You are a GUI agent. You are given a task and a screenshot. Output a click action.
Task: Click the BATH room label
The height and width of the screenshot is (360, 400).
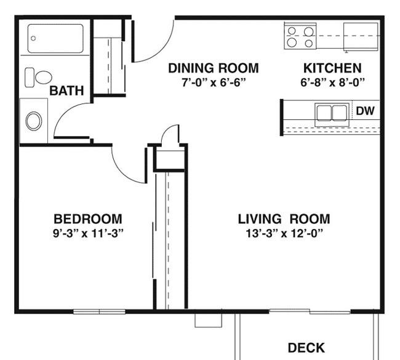pyautogui.click(x=66, y=91)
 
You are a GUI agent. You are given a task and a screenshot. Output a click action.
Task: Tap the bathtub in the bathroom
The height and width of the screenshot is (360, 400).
pyautogui.click(x=55, y=38)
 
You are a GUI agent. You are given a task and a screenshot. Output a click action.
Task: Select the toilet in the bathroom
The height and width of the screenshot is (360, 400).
pyautogui.click(x=38, y=78)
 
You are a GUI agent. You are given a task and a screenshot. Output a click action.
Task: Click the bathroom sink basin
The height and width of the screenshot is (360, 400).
pyautogui.click(x=34, y=121)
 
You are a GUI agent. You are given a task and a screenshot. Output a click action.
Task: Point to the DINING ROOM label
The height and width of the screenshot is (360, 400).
pyautogui.click(x=213, y=68)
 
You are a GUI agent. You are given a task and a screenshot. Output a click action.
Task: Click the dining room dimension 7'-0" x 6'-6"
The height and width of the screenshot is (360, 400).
pyautogui.click(x=213, y=82)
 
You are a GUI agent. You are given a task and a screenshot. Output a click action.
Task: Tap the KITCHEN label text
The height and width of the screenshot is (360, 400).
pyautogui.click(x=332, y=68)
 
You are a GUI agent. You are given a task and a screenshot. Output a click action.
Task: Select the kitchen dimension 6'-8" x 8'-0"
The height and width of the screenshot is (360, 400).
pyautogui.click(x=332, y=82)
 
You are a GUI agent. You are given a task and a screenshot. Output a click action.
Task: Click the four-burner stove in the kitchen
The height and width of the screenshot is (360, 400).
pyautogui.click(x=300, y=36)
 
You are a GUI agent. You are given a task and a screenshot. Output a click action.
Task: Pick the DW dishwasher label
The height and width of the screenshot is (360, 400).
pyautogui.click(x=365, y=111)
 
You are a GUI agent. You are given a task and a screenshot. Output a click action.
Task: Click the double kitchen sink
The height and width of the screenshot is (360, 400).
pyautogui.click(x=332, y=113)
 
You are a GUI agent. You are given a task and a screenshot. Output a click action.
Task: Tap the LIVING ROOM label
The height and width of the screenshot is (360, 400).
pyautogui.click(x=284, y=218)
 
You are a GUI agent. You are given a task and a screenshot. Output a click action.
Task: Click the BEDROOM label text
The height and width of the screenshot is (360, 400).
pyautogui.click(x=87, y=218)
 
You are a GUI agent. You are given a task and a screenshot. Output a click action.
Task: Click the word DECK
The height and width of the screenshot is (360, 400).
pyautogui.click(x=306, y=348)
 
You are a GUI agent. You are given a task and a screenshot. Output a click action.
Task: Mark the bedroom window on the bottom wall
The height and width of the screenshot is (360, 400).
pyautogui.click(x=99, y=311)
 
